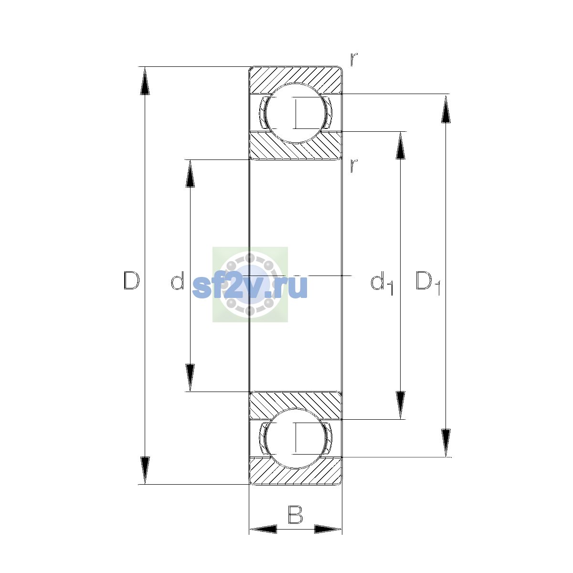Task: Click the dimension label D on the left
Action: pyautogui.click(x=131, y=280)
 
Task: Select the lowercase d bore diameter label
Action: pyautogui.click(x=178, y=280)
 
